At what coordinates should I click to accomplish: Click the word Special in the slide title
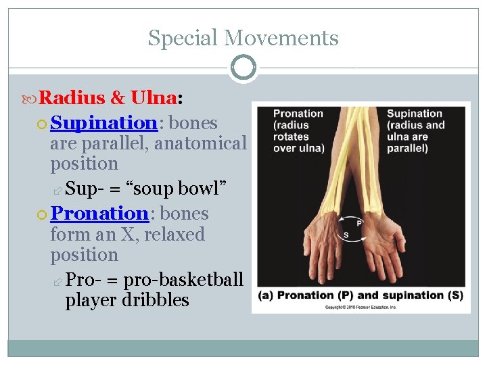click(178, 38)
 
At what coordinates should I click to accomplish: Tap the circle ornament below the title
click(243, 68)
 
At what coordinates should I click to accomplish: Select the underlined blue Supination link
click(103, 123)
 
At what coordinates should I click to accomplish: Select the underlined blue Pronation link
click(99, 214)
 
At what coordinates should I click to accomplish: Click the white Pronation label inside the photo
click(298, 114)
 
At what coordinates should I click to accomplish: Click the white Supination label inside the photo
click(414, 114)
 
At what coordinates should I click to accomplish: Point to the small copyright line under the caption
click(361, 307)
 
